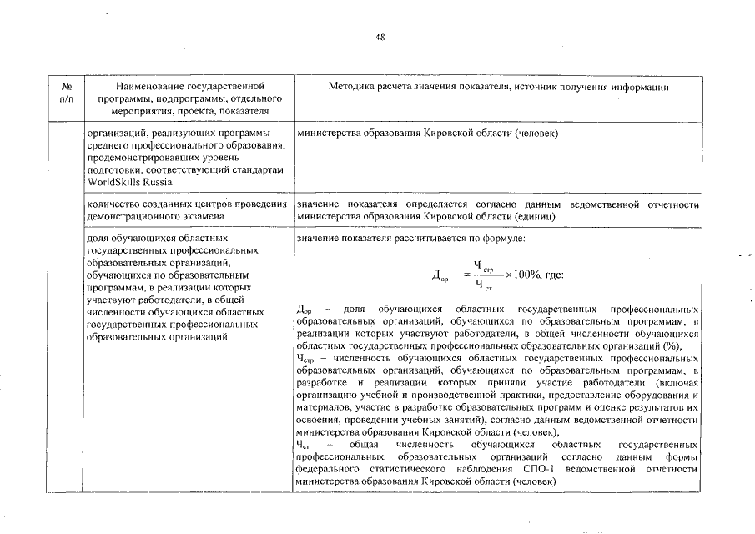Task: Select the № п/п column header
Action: tap(67, 93)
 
